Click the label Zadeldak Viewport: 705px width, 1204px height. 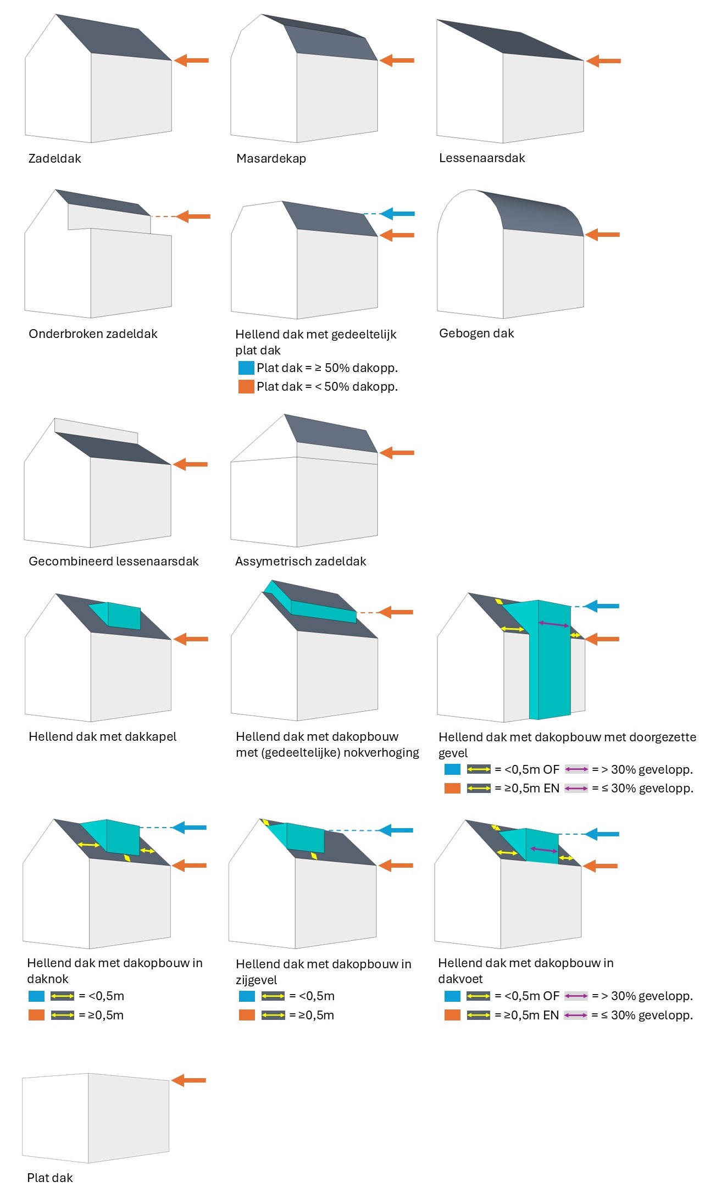point(54,158)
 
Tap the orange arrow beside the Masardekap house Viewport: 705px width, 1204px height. point(397,60)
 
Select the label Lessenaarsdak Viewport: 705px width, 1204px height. point(482,158)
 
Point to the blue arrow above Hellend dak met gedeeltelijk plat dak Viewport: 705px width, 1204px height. point(397,213)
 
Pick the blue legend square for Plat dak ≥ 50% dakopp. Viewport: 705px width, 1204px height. point(246,368)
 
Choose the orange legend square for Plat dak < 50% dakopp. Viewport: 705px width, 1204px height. point(246,386)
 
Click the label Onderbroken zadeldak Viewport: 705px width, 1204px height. point(93,334)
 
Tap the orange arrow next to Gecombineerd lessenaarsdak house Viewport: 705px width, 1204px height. point(190,464)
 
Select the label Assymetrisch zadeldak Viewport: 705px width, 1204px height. point(301,561)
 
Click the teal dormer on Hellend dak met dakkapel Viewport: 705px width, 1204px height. point(116,615)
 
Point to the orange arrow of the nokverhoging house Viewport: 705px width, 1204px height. point(396,612)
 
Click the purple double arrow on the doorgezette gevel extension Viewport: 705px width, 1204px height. point(554,624)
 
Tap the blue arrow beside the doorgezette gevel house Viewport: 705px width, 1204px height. point(601,606)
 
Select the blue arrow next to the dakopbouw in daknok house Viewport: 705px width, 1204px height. point(189,827)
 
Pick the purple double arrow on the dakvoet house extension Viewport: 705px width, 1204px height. point(543,850)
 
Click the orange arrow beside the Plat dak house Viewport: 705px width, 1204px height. point(188,1080)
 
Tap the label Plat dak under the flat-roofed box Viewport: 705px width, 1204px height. point(50,1178)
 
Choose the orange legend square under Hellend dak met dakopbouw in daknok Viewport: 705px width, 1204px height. point(36,1014)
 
